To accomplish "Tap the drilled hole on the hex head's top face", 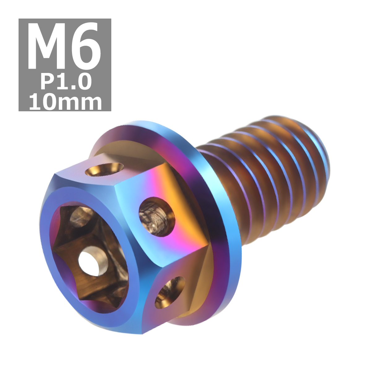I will click(104, 170).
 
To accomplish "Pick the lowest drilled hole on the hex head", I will click(170, 292).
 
